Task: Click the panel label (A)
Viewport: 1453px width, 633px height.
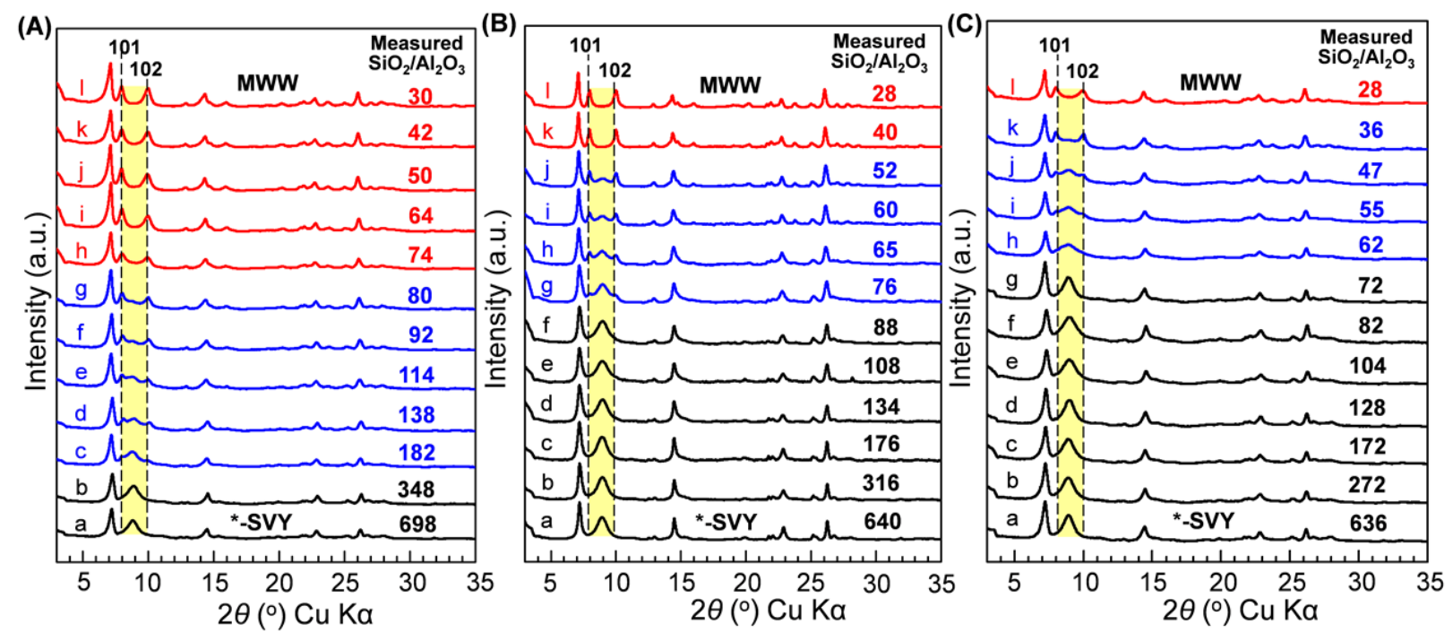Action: click(34, 26)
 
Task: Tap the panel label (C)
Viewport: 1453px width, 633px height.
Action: click(964, 24)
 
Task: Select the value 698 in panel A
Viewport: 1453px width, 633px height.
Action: click(417, 524)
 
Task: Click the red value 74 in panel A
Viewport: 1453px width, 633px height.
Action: click(420, 256)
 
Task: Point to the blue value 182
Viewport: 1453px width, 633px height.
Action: click(417, 453)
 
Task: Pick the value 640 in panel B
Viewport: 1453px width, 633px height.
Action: click(881, 521)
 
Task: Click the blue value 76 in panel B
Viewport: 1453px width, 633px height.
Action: click(885, 287)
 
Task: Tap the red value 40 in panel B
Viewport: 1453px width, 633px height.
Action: click(885, 133)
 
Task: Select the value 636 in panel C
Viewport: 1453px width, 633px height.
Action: click(1368, 523)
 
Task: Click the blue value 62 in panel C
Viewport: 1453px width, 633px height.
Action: click(1371, 245)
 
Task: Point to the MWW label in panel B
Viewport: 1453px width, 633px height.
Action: click(730, 86)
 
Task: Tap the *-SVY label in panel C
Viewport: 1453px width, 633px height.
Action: click(1204, 521)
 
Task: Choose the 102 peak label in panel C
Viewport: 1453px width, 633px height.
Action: click(1082, 71)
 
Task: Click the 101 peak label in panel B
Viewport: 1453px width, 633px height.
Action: click(586, 46)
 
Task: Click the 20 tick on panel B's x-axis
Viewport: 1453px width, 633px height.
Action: click(746, 583)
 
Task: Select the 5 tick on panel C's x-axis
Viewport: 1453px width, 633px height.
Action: click(1013, 583)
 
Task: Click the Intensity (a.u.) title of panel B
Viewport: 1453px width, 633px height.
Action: click(495, 299)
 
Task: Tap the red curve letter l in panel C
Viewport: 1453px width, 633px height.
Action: click(1013, 87)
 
